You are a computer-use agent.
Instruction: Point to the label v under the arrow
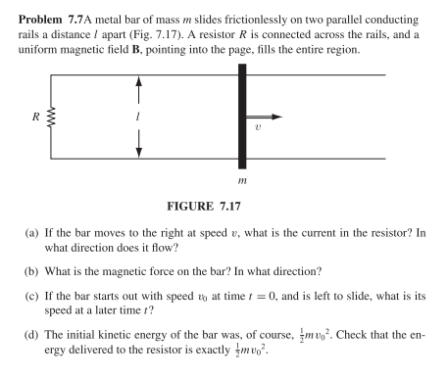(284, 127)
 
